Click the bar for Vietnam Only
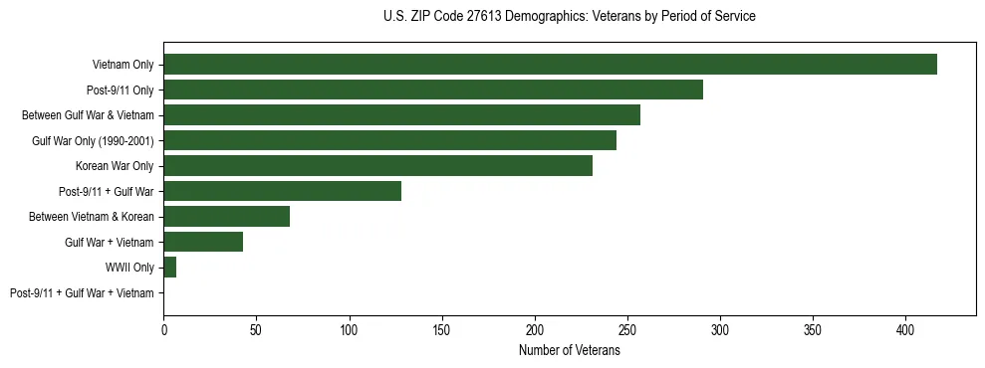(550, 65)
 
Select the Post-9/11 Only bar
(433, 90)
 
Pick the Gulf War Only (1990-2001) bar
(389, 140)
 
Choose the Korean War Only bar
(377, 166)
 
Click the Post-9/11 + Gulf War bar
(282, 191)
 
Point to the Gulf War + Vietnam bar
(203, 242)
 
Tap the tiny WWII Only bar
(170, 268)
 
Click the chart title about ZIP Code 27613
(569, 17)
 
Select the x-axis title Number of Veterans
(569, 350)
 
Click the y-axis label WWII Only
(129, 268)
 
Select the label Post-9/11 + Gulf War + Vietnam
(82, 292)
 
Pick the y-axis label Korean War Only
(115, 166)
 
